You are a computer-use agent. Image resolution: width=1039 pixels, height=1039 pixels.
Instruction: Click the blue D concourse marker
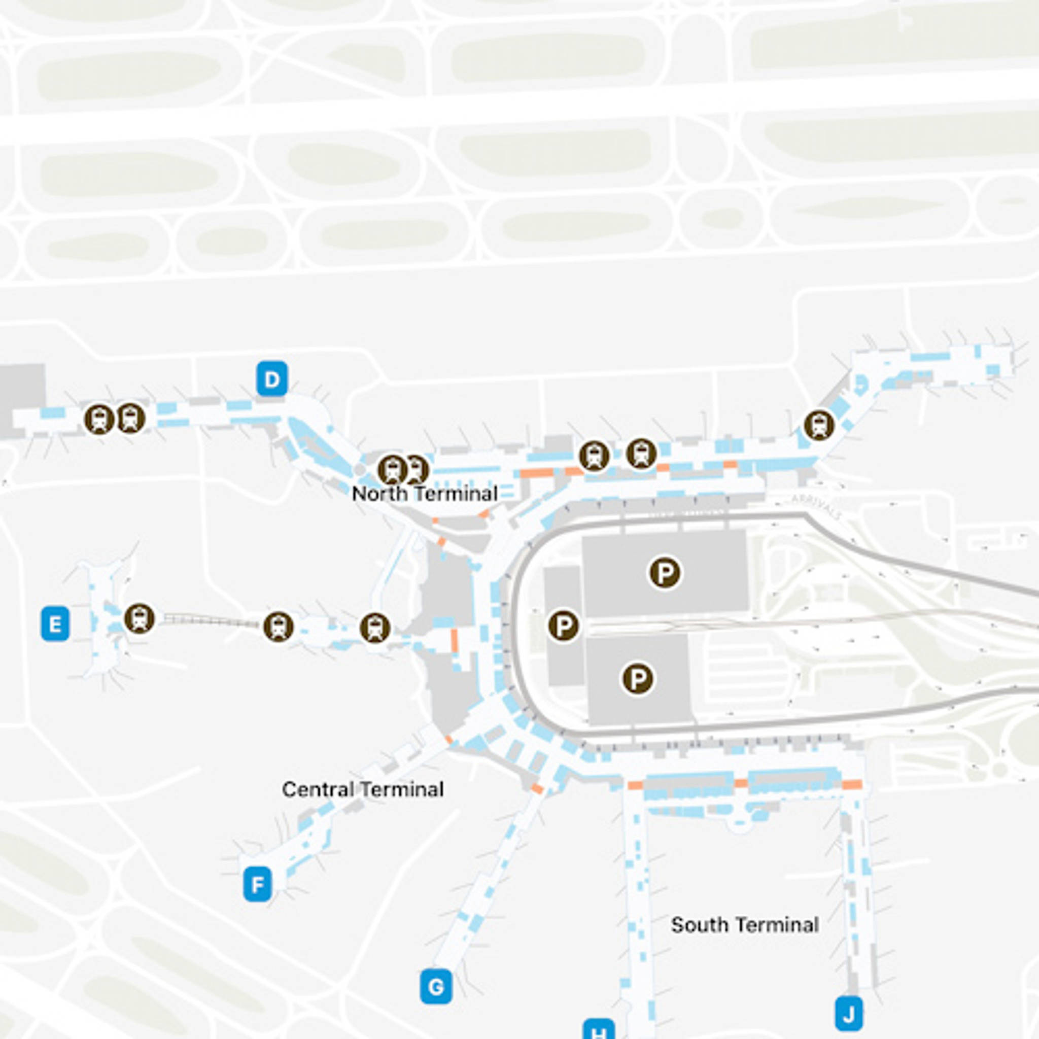(x=272, y=379)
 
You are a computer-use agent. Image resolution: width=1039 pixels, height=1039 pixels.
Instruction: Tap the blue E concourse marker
(x=55, y=624)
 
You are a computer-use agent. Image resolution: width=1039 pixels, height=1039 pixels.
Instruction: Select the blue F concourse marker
(x=258, y=884)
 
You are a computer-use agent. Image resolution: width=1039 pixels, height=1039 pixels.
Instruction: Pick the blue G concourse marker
(x=436, y=986)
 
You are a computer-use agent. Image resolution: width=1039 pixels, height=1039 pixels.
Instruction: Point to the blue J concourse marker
(x=849, y=1014)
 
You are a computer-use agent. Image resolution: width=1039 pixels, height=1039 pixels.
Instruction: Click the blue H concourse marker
(x=599, y=1031)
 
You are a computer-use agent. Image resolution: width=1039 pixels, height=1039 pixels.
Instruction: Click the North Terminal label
(x=424, y=494)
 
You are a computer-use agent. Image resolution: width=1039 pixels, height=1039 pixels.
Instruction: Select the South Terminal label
(x=745, y=924)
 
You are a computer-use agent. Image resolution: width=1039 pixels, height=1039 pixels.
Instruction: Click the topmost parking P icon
(x=665, y=573)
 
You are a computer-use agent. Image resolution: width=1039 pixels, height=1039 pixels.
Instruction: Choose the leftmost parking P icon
(x=564, y=626)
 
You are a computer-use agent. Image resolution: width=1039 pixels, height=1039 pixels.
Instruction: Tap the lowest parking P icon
(x=638, y=679)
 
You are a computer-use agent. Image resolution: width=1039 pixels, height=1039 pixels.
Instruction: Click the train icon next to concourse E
(x=140, y=618)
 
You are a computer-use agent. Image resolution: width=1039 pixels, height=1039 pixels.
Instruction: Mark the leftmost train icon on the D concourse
(x=99, y=419)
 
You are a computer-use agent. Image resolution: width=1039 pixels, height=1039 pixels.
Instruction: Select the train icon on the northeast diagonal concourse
(x=819, y=425)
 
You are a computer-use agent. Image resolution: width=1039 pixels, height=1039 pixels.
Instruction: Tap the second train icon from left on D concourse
(x=131, y=418)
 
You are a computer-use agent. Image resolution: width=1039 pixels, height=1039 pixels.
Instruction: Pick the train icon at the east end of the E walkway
(x=375, y=628)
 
